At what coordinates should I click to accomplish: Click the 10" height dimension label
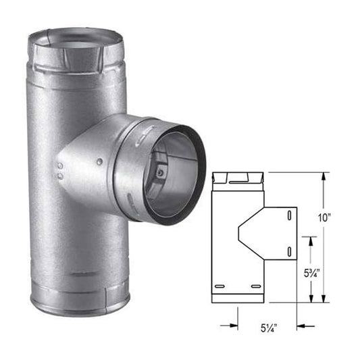[x=326, y=217]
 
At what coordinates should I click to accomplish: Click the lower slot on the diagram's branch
[x=289, y=252]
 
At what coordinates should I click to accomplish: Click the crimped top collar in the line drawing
[x=236, y=179]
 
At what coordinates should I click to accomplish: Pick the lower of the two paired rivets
[x=60, y=178]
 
